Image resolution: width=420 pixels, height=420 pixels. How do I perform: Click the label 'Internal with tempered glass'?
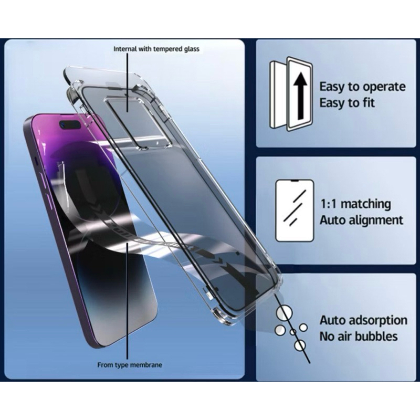(156, 49)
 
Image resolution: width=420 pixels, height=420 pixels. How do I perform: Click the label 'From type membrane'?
(130, 365)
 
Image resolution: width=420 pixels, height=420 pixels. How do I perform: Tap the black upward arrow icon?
(300, 96)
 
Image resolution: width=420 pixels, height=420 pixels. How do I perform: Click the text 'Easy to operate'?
(362, 87)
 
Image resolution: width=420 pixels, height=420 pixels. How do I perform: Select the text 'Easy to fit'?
(347, 103)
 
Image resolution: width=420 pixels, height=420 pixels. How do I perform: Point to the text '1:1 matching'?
(355, 204)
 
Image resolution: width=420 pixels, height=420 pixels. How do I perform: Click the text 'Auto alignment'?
(361, 220)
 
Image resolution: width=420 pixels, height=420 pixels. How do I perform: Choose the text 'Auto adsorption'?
(363, 320)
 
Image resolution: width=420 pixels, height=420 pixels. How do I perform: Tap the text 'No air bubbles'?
(359, 337)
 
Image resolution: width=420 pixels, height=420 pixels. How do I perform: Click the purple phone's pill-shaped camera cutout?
(70, 125)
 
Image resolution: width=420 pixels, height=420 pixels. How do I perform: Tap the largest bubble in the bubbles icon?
(284, 313)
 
